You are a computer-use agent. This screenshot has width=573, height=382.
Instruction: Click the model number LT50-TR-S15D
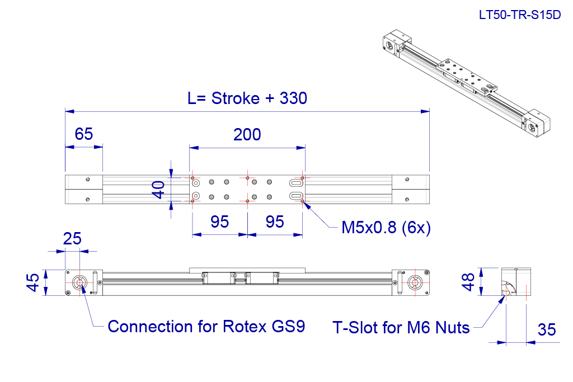click(x=520, y=15)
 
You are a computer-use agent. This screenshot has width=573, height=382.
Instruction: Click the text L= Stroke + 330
click(x=247, y=98)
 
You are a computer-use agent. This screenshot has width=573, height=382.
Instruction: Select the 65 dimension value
click(x=84, y=134)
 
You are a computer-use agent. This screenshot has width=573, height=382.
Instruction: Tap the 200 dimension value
click(x=247, y=135)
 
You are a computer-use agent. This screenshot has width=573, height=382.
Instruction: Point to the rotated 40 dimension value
click(x=158, y=190)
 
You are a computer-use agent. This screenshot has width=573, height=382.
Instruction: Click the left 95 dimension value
click(x=219, y=221)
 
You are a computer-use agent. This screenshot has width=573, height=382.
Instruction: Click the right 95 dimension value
click(x=275, y=221)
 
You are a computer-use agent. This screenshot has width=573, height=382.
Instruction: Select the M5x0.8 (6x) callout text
click(x=386, y=228)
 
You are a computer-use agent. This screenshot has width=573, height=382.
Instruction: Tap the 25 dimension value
click(x=72, y=239)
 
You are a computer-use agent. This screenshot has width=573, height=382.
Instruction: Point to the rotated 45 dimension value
click(x=33, y=282)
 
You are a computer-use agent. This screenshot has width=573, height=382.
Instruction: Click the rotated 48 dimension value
click(x=468, y=282)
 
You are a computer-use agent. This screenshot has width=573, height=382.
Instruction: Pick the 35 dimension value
click(x=547, y=330)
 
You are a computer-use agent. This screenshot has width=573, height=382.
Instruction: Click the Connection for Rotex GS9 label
click(x=206, y=327)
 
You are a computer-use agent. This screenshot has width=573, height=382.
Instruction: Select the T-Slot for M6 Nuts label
click(x=401, y=328)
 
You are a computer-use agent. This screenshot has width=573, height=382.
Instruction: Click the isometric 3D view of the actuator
click(x=466, y=83)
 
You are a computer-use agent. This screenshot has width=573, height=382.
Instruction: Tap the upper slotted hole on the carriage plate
click(x=296, y=182)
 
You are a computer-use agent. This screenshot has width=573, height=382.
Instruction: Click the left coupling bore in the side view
click(x=79, y=282)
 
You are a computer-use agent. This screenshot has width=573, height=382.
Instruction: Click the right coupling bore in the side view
click(x=415, y=282)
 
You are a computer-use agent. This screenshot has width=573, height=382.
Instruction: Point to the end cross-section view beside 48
click(x=515, y=281)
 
